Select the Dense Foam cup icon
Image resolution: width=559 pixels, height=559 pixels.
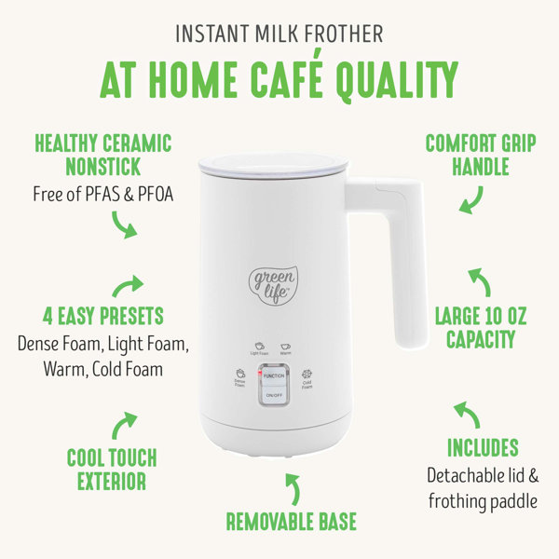point(239,373)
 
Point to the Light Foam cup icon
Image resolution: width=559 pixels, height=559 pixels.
point(260,343)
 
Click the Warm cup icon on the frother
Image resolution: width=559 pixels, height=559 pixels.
point(286,343)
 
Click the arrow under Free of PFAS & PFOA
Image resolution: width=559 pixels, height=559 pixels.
point(123,225)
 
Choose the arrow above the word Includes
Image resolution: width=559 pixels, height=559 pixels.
point(465,411)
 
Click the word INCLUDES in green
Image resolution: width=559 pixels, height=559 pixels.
point(483,447)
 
